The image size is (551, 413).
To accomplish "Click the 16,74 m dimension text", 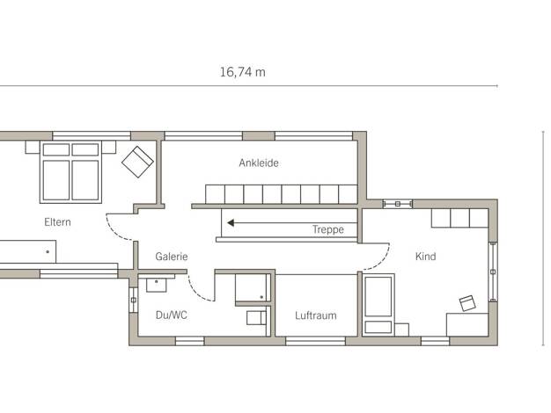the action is point(242,72).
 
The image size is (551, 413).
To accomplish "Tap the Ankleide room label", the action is point(259,163).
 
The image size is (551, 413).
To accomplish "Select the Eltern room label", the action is point(57,222).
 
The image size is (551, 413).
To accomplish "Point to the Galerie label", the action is point(172,257).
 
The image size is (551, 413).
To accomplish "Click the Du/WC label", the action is point(171,315).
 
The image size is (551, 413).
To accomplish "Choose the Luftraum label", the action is point(316,315).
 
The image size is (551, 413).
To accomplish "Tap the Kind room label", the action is point(425,257).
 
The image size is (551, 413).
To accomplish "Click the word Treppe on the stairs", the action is point(328,229).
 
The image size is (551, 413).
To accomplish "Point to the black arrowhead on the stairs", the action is point(231,223).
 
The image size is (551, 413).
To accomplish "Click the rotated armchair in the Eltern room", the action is point(137,162).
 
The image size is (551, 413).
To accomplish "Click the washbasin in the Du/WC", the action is point(156,283).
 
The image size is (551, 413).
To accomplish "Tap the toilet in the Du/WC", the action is point(256,318).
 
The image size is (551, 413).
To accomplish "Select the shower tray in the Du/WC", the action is point(253,287).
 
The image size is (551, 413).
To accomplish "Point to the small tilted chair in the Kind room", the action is point(467,303).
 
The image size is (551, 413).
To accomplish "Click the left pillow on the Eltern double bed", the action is point(56,149).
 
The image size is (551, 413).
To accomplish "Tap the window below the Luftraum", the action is point(316,341).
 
